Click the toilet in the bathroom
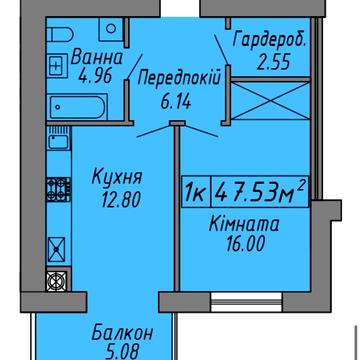[60, 34]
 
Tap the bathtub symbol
[77, 107]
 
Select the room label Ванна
[97, 58]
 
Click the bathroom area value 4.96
[94, 77]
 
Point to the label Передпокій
[179, 80]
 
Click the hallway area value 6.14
[176, 101]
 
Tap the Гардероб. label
[269, 40]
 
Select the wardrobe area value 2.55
[273, 62]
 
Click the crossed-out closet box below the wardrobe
[270, 101]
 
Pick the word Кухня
[117, 178]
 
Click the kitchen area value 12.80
[122, 200]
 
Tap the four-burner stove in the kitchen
[59, 189]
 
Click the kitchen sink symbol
[59, 138]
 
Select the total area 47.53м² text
[260, 192]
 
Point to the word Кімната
[244, 224]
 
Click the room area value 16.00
[246, 244]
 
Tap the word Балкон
[122, 333]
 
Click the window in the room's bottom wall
[247, 302]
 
